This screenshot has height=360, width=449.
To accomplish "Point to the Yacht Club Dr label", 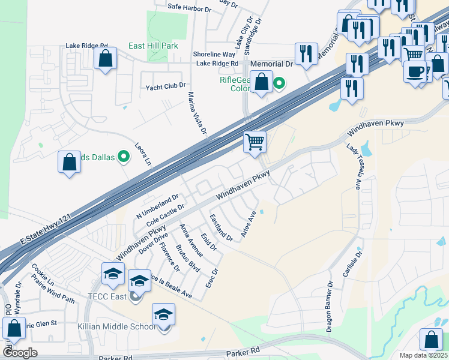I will pos(166,87).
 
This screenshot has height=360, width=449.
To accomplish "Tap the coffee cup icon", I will pos(416,71).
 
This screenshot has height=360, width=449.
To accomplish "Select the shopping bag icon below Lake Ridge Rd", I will pos(106,59).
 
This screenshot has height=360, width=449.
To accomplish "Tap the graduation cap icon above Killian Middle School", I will pos(163,314).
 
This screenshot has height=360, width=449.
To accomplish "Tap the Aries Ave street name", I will pos(249,224).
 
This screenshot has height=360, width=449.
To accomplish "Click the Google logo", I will pos(19,353).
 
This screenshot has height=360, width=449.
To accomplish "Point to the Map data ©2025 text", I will pos(424,355).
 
